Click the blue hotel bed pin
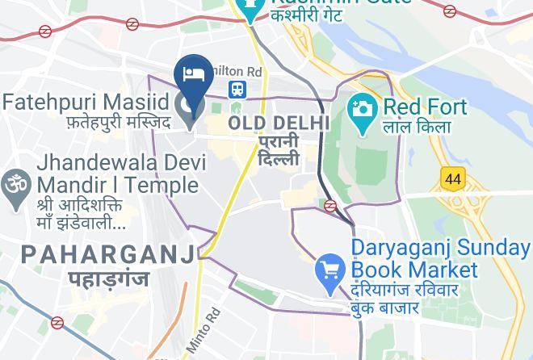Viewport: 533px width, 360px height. [x=194, y=75]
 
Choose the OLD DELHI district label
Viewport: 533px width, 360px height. [x=279, y=123]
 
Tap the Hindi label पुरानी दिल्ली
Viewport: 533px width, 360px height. [x=279, y=150]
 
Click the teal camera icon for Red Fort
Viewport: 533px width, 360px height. [x=361, y=107]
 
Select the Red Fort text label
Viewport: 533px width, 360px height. [x=425, y=107]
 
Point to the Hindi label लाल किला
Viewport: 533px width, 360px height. [x=418, y=128]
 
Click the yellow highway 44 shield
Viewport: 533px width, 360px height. [x=452, y=178]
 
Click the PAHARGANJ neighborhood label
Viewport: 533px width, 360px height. [x=108, y=255]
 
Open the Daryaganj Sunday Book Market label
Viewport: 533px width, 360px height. [x=440, y=258]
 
